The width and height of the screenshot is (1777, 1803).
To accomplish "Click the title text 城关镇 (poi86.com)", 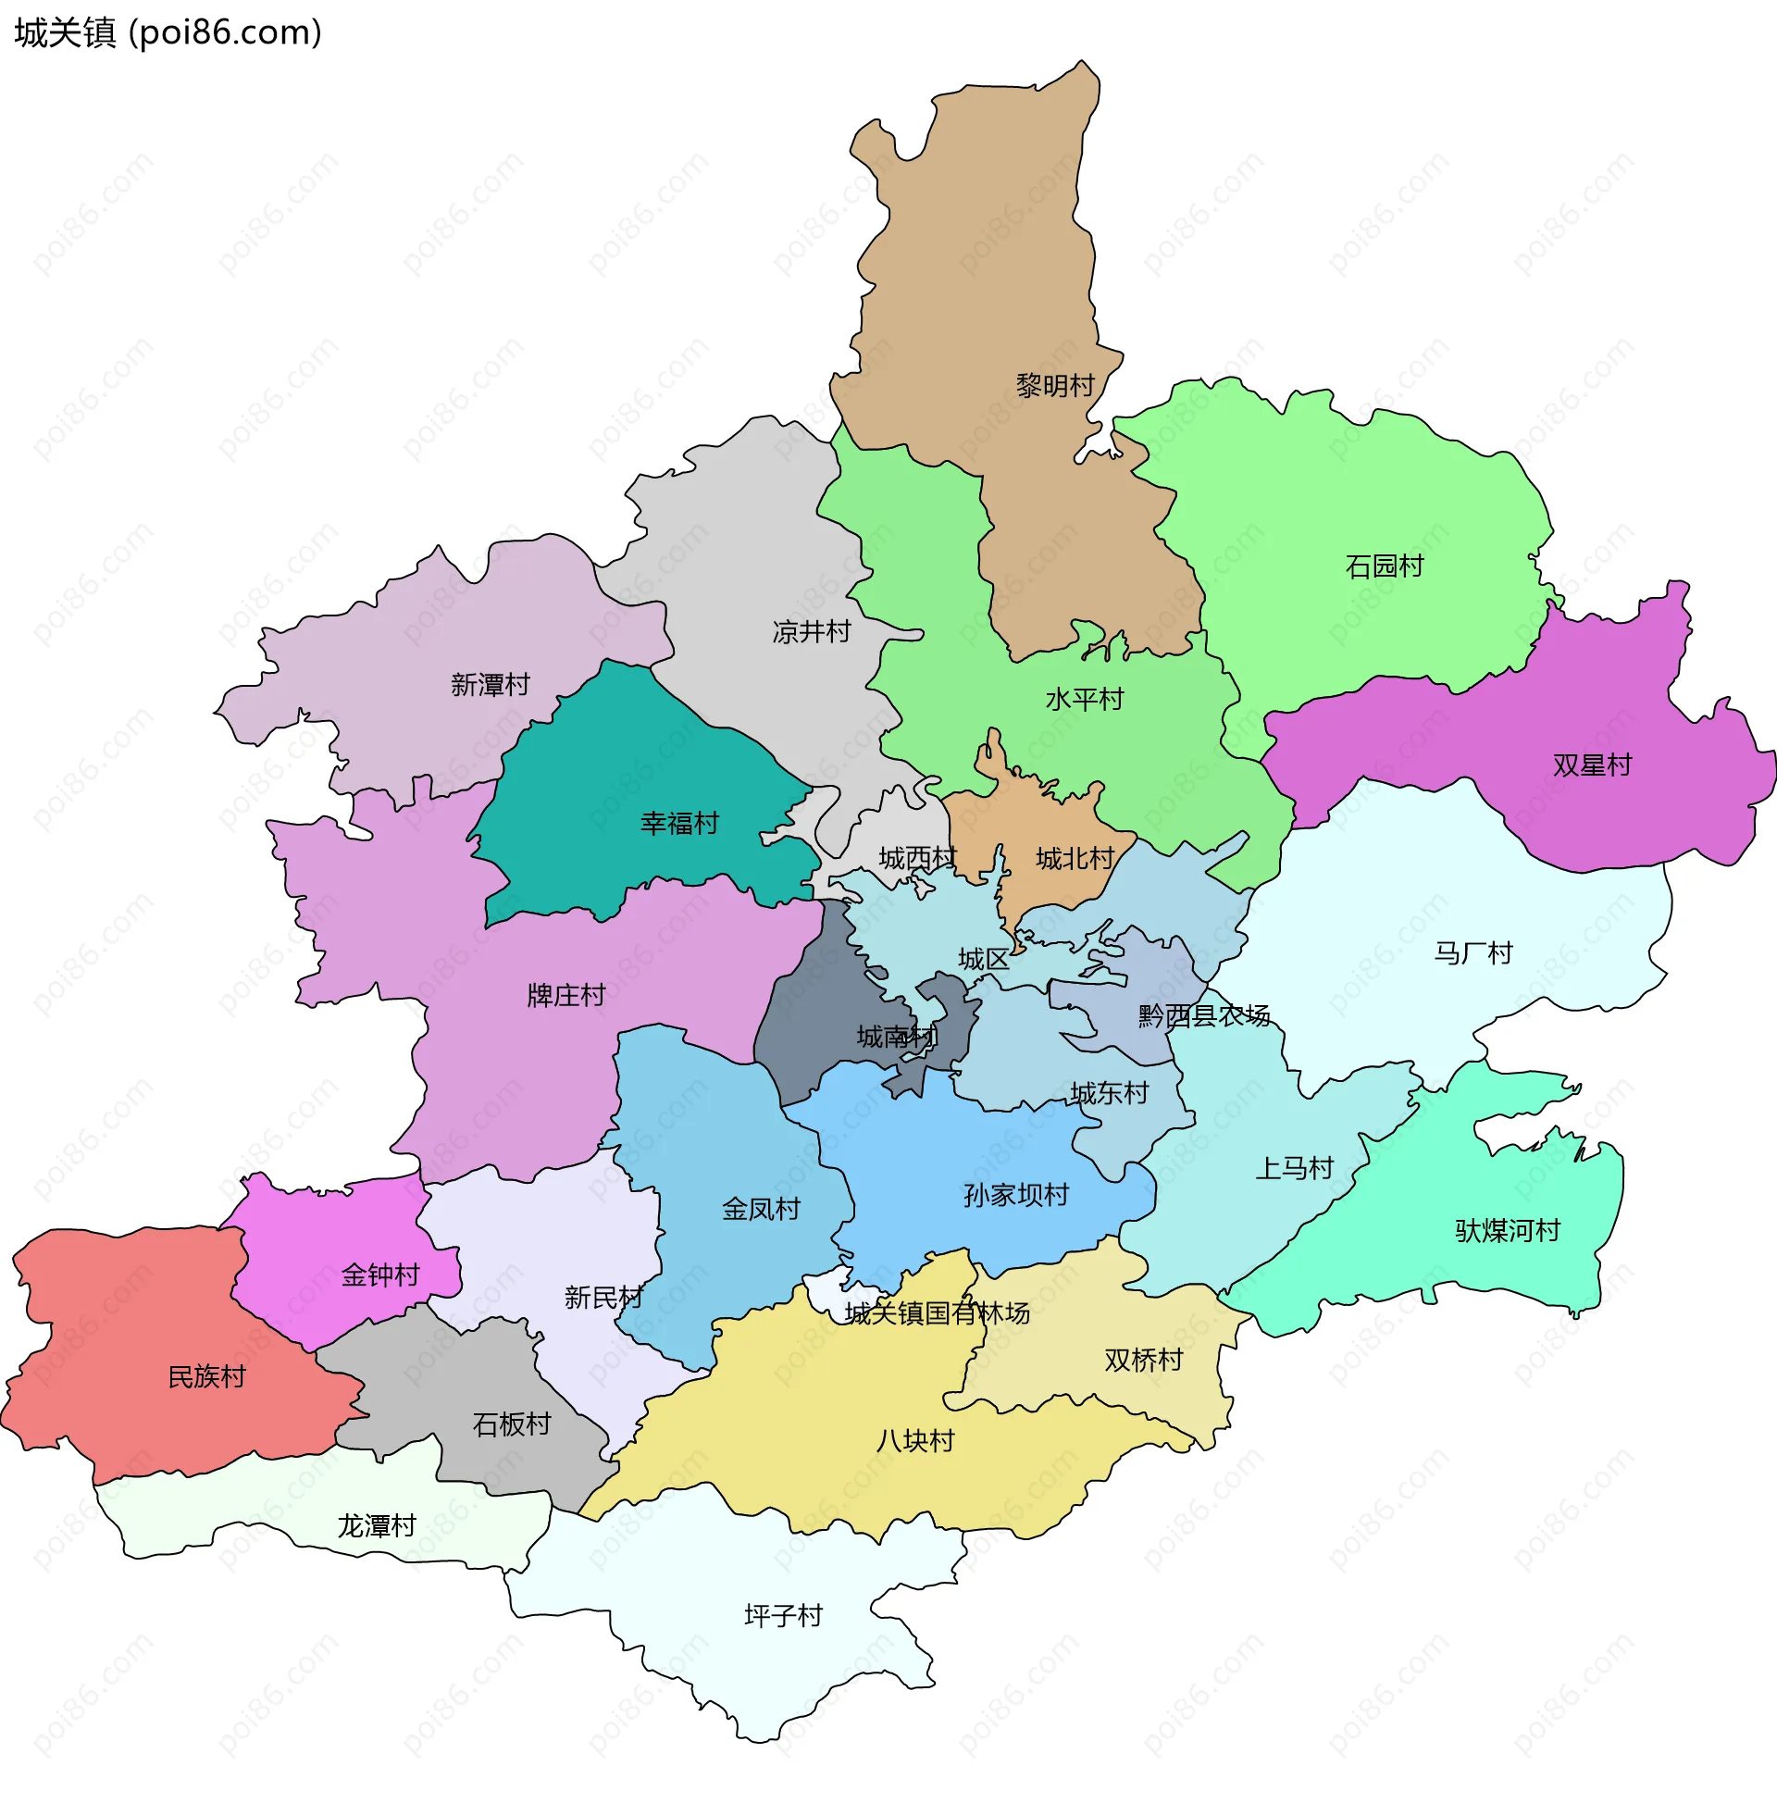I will pos(168,32).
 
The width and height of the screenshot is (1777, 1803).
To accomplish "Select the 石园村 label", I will pos(1384,566).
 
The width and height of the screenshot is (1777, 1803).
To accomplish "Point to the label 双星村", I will pos(1592,766).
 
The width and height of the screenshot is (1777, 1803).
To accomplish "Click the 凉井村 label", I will pos(811,633).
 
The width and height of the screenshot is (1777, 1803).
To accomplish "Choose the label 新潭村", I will pos(490,686).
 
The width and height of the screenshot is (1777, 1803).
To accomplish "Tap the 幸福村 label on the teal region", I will pos(679,824).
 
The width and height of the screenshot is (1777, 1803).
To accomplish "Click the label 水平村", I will pos(1085,700).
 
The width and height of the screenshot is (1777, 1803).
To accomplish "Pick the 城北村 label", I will pos(1075,860).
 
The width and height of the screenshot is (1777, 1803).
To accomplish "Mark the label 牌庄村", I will pos(566,997).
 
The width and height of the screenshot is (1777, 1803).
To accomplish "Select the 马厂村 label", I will pos(1473,953).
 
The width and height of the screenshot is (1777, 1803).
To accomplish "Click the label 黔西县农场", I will pos(1204,1016).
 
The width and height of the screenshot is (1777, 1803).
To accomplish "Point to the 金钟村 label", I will pos(380,1275).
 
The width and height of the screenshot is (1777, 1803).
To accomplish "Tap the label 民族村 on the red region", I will pos(206,1377).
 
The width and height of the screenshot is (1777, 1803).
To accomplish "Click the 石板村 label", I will pos(512,1425).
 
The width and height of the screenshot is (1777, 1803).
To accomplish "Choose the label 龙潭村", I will pos(376,1527).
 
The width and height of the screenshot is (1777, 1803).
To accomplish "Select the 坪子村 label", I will pos(783,1616).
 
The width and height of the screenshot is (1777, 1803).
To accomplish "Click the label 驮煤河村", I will pos(1508,1232).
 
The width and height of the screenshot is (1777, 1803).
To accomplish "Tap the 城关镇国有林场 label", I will pos(937,1314).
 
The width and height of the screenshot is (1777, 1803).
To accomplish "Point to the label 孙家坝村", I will pos(1016,1196).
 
